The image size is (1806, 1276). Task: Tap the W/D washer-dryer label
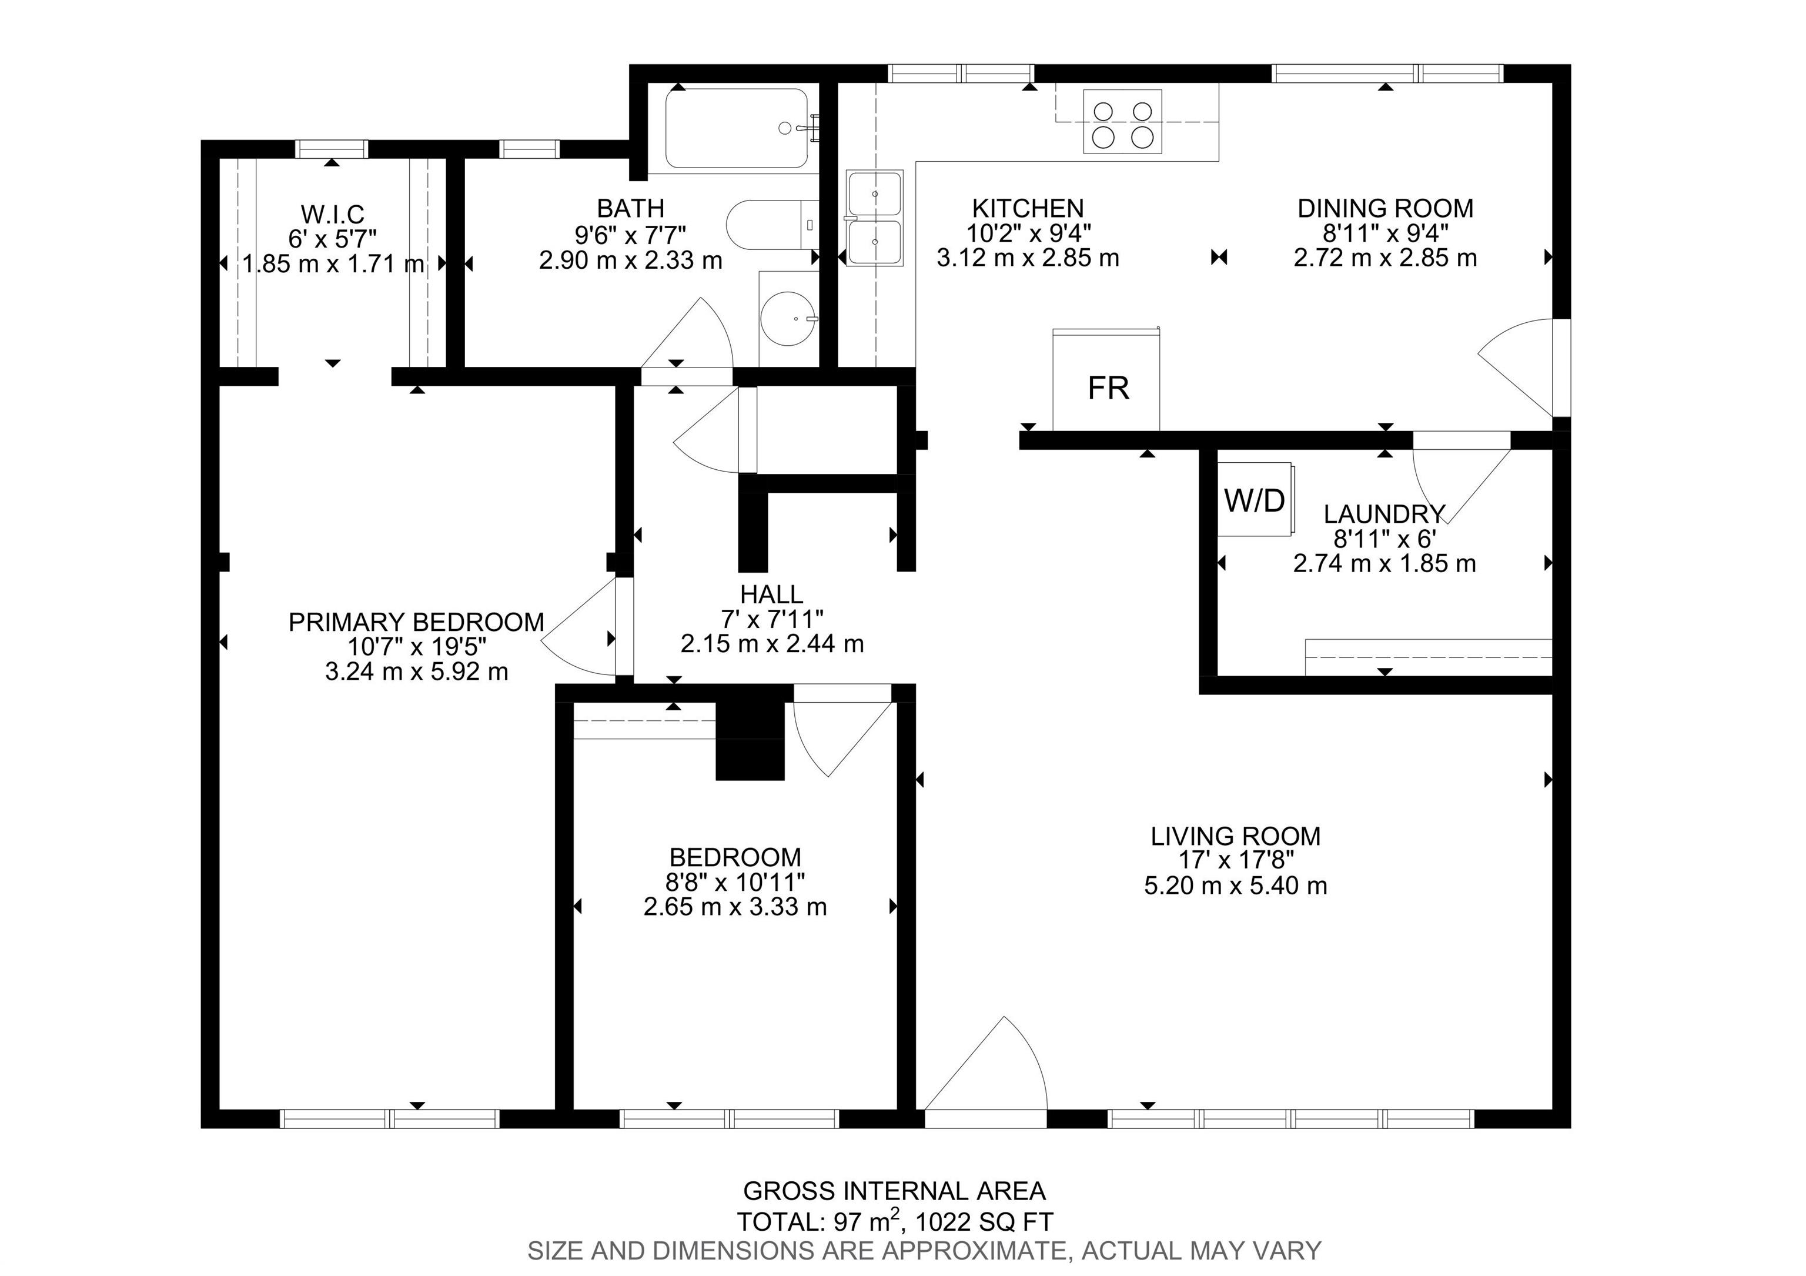click(1255, 500)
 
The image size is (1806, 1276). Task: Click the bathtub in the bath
click(737, 128)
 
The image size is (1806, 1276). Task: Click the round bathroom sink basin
click(789, 319)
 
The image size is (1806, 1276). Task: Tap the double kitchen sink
click(875, 218)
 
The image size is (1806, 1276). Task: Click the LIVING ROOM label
click(1236, 836)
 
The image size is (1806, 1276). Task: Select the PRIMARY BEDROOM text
click(416, 622)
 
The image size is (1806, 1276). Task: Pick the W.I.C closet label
click(333, 213)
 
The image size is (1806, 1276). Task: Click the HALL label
click(772, 594)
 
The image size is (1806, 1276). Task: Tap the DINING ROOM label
click(1385, 209)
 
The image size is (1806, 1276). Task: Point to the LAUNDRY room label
click(1384, 514)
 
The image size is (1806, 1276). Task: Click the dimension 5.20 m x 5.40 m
click(1236, 886)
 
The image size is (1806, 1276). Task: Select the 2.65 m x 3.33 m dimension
click(735, 907)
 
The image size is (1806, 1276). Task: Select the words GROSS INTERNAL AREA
click(894, 1191)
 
